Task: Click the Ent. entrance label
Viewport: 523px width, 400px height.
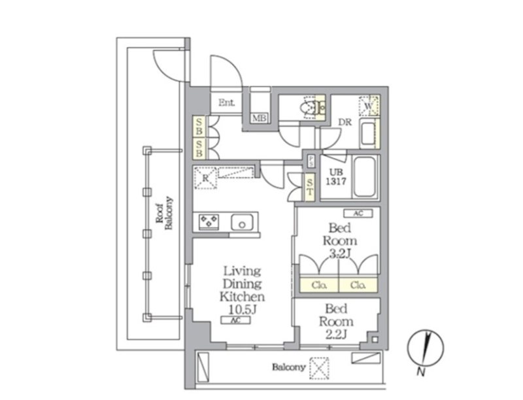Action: tap(227, 103)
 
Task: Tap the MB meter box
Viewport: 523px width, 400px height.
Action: tap(260, 118)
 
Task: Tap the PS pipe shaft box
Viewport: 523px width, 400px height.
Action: tap(311, 160)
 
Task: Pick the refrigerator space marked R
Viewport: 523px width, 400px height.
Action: tap(205, 178)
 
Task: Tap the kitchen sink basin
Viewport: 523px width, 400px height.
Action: tap(243, 223)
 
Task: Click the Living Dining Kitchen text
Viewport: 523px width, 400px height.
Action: tap(242, 283)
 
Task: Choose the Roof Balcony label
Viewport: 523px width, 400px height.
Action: tap(163, 213)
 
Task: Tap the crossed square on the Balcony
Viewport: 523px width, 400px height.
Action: tap(319, 367)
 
